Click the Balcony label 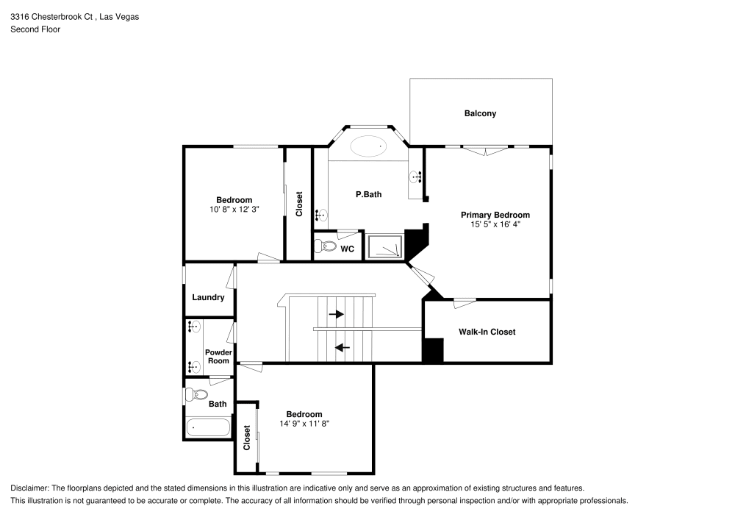coord(480,113)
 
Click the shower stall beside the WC coord(386,247)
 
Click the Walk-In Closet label coord(487,332)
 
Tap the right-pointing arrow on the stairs coord(337,314)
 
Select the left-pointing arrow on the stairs coord(342,346)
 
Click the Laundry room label coord(208,297)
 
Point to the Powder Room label coord(218,357)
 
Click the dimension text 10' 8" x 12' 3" coord(234,209)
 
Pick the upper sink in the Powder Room coord(194,327)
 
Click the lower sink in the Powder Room coord(194,366)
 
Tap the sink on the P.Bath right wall coord(415,177)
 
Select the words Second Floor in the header coord(35,29)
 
